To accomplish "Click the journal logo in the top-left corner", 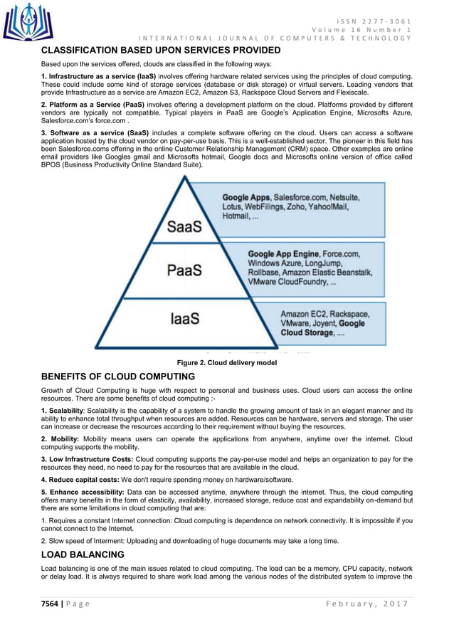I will pos(27,21).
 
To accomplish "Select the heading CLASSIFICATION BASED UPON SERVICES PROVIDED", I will pos(161,51).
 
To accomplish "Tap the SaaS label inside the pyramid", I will pos(184,226).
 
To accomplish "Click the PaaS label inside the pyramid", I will pos(184,270).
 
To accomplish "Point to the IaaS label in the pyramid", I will pos(184,319).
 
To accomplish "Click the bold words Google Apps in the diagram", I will pos(246,196).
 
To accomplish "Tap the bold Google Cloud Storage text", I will pos(322,328).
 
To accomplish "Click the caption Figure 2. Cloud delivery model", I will pos(227,362).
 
